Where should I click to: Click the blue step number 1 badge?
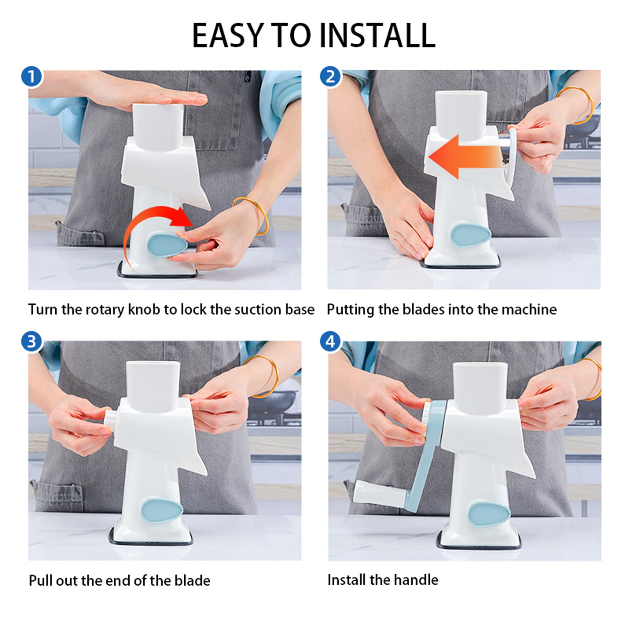(x=31, y=77)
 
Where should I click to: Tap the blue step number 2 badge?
(x=331, y=77)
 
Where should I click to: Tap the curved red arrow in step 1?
(x=153, y=228)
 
